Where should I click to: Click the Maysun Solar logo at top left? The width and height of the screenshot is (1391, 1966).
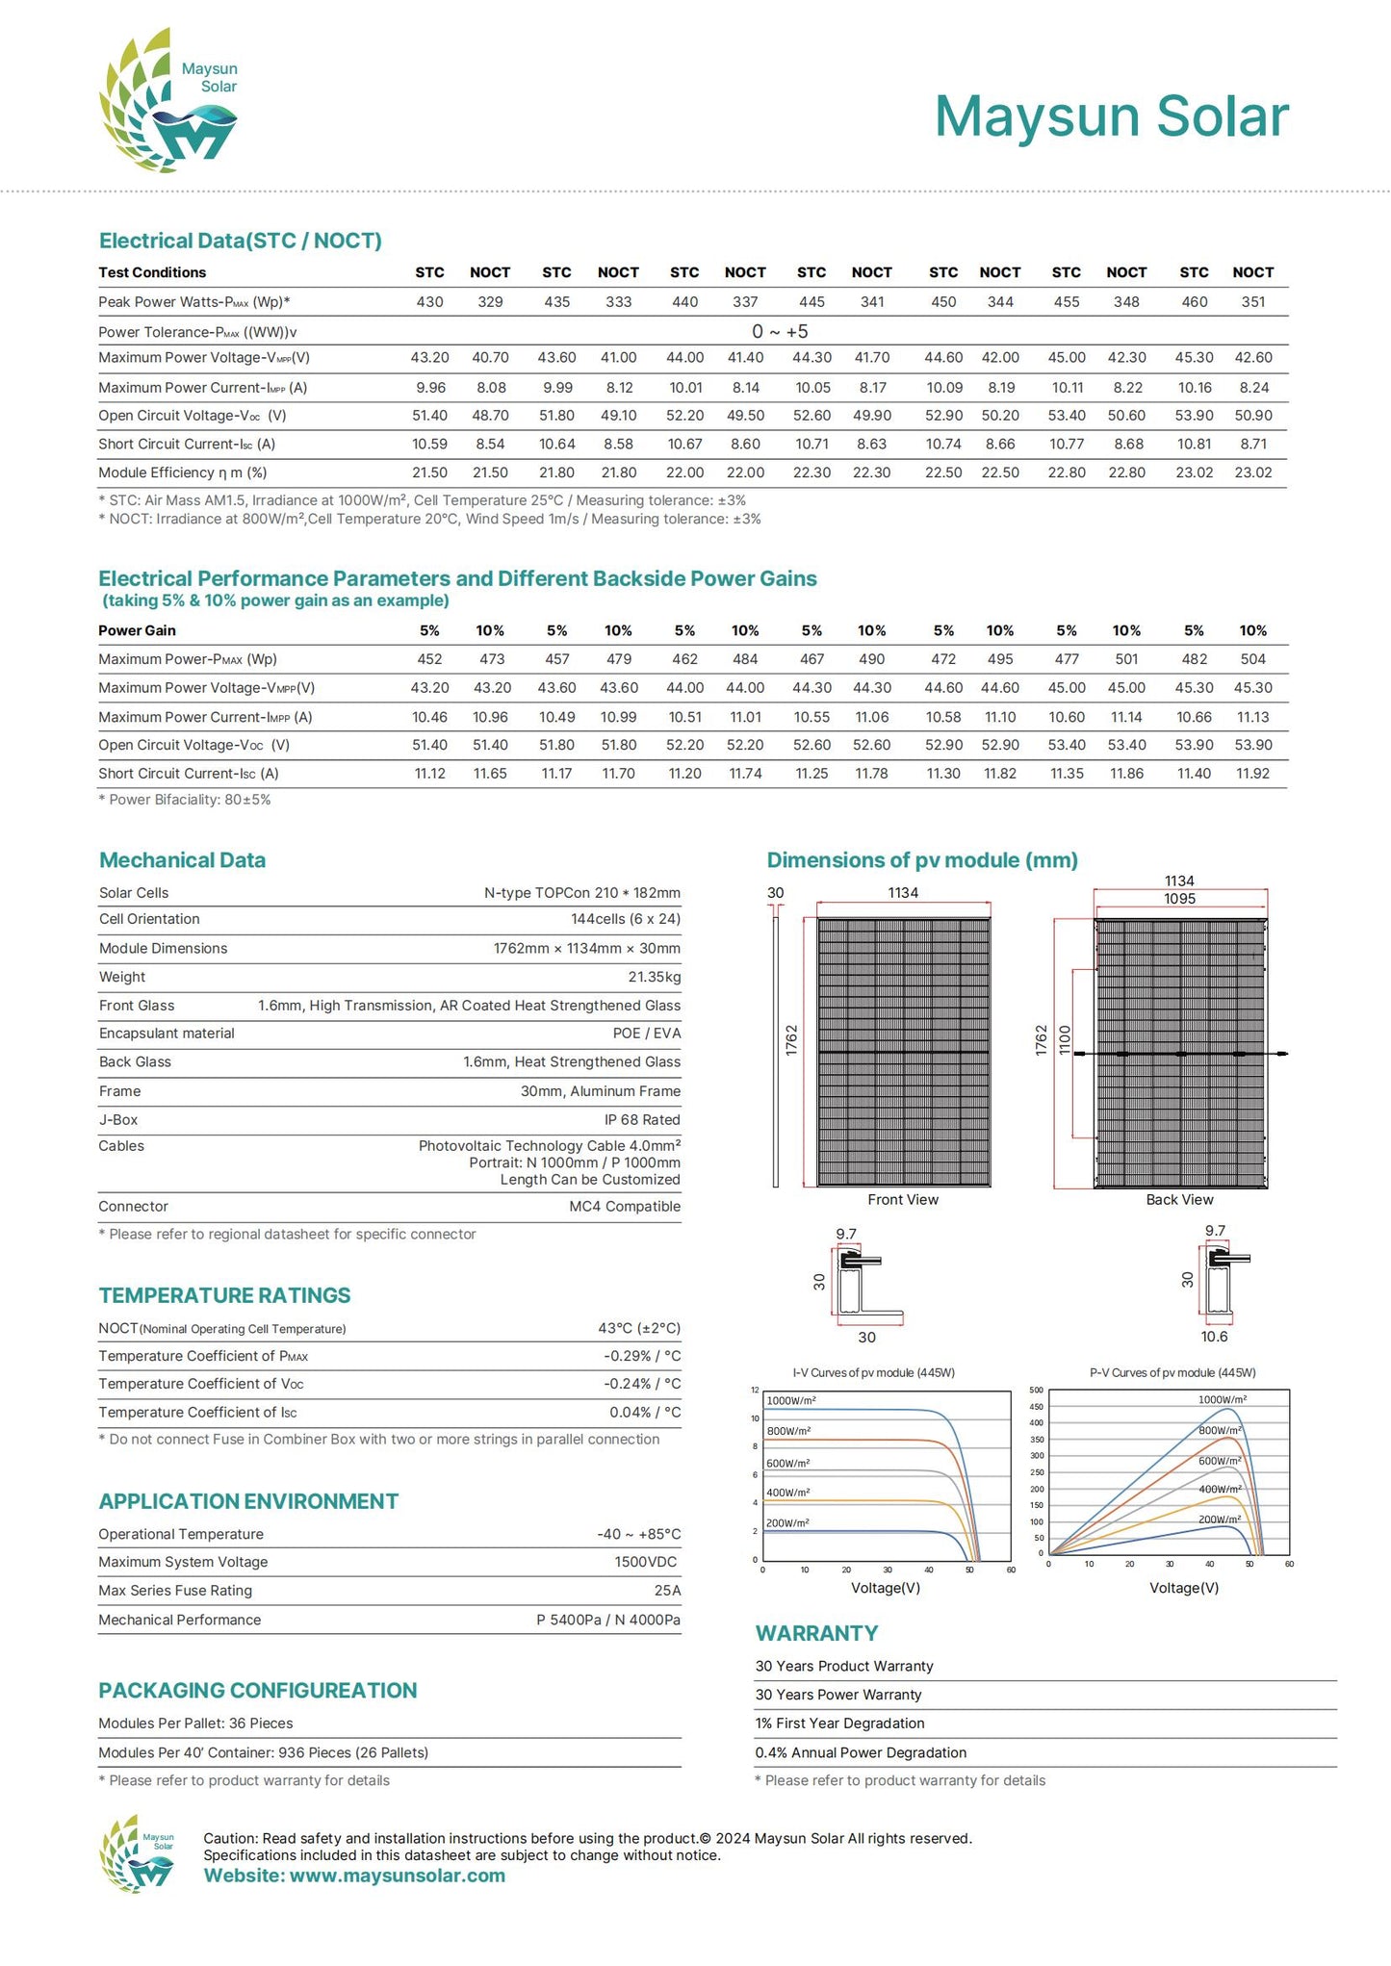point(168,101)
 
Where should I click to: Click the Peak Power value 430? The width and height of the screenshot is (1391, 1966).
point(429,302)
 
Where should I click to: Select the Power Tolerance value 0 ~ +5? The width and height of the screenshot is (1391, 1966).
point(780,332)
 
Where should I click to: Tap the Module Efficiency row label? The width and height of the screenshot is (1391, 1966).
point(182,472)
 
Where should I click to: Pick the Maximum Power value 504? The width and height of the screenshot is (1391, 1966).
point(1252,659)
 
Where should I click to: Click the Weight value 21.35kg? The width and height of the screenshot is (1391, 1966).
point(654,977)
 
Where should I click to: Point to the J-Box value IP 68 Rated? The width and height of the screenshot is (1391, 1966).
point(641,1120)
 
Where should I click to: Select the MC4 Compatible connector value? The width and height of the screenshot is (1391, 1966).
point(624,1207)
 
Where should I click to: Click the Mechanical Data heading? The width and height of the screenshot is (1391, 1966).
point(182,860)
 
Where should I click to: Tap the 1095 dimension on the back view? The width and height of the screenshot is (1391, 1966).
point(1179,899)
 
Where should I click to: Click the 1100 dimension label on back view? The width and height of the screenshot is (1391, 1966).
point(1065,1040)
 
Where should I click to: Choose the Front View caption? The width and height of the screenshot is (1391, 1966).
point(902,1200)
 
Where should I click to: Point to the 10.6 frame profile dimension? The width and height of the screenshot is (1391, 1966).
point(1214,1337)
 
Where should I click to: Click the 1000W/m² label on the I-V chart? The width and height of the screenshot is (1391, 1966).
point(791,1401)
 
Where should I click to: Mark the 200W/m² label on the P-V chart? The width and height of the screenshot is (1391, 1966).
point(1219,1519)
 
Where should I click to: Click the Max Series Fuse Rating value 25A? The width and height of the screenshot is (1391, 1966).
point(667,1591)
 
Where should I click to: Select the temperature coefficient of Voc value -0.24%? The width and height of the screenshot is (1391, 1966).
point(641,1384)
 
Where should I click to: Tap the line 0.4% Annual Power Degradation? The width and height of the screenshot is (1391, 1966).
point(861,1752)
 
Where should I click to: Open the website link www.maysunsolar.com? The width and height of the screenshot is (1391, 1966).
point(397,1876)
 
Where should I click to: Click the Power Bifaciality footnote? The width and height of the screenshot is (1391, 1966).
point(185,800)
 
